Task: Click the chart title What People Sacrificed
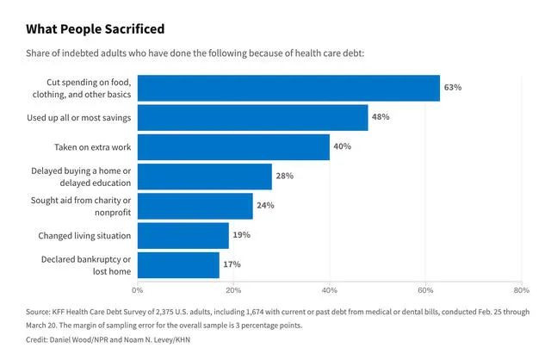click(95, 29)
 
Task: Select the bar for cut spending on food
click(288, 88)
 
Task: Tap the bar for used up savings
click(252, 117)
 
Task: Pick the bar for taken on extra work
click(233, 146)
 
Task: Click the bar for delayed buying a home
click(204, 177)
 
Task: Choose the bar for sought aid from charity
click(195, 206)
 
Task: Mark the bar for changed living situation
click(183, 235)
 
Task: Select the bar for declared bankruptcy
click(178, 264)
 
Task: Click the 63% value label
click(453, 88)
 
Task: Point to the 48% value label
click(381, 117)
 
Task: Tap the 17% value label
click(232, 264)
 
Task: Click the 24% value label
click(265, 206)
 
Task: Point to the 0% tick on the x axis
click(138, 289)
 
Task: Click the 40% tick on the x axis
click(330, 289)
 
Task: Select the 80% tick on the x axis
click(521, 289)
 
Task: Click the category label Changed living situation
click(84, 235)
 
